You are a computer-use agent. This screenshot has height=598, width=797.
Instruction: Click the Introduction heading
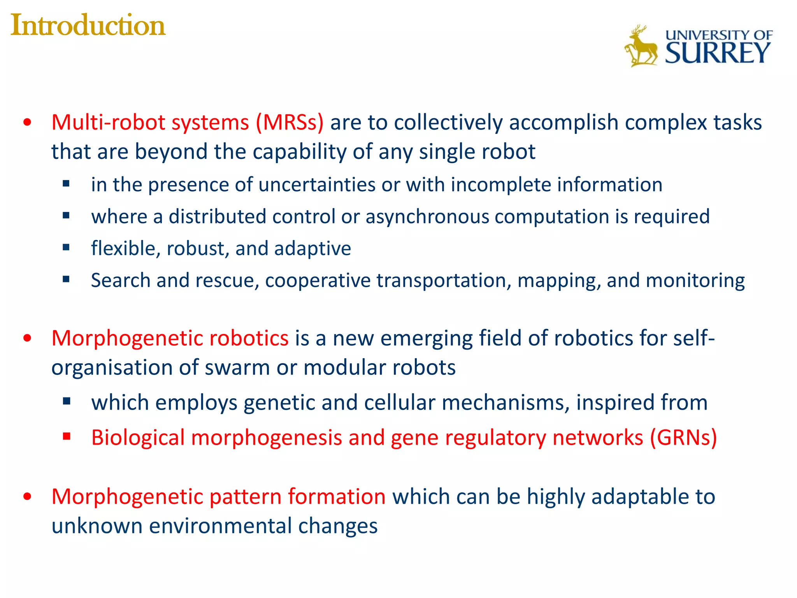(88, 26)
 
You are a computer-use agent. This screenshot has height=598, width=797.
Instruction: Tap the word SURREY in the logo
(717, 53)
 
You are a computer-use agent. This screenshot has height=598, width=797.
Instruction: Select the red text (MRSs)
(290, 123)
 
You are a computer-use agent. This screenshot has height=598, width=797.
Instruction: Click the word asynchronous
(427, 216)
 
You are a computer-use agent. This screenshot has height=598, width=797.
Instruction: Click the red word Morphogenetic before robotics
(127, 338)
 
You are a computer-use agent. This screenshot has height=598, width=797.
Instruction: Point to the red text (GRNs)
(683, 438)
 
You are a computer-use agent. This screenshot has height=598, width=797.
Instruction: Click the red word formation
(337, 497)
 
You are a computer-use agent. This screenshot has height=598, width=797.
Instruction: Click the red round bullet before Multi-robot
(27, 123)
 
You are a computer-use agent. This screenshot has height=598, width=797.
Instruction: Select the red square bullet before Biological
(67, 436)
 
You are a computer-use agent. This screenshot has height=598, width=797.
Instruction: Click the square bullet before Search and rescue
(66, 279)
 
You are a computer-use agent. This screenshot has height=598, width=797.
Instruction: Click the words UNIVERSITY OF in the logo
(718, 35)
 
